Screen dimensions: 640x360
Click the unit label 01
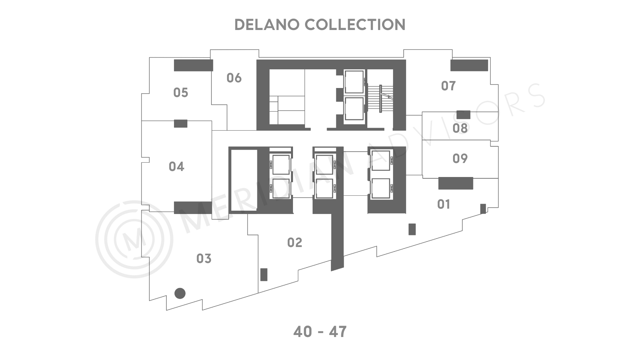444,204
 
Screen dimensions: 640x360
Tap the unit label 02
295,243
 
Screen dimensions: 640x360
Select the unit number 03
204,258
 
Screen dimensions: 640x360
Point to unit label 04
176,166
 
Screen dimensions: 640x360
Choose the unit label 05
181,92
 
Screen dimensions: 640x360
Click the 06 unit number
234,78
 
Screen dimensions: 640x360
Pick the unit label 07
448,86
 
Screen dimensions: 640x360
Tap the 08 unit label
460,128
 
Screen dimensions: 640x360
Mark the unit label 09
460,158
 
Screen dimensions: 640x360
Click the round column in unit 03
180,293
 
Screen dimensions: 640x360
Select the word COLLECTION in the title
355,25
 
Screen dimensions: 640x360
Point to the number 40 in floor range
303,332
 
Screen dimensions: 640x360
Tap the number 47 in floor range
338,332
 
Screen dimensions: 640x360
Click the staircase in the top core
380,99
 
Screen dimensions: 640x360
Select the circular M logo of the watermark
134,239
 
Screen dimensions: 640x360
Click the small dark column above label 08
463,115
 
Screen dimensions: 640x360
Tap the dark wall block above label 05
193,65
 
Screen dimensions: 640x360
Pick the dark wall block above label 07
469,65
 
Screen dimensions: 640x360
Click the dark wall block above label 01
456,183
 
